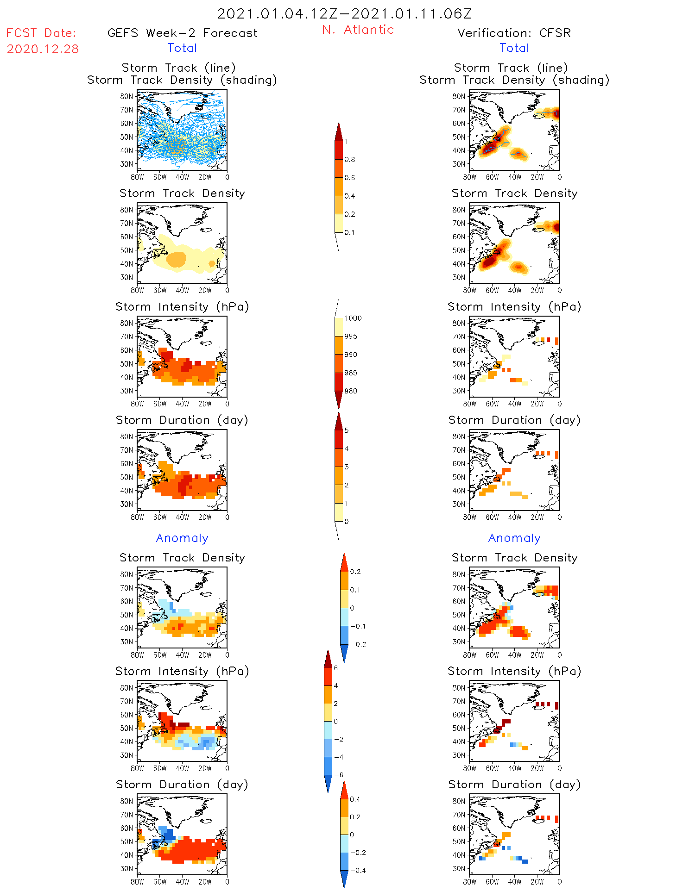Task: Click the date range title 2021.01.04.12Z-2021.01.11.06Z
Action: click(x=344, y=14)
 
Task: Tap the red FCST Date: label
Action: click(x=41, y=33)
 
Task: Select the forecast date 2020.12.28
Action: click(x=43, y=49)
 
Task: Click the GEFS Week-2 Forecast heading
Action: click(x=182, y=33)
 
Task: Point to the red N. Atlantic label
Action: click(x=358, y=30)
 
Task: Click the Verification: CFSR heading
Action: click(x=514, y=33)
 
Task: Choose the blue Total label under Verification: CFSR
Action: click(x=514, y=48)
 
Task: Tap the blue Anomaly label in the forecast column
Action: click(x=182, y=538)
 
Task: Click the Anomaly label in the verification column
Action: click(x=514, y=538)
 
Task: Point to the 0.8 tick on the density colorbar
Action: click(x=350, y=160)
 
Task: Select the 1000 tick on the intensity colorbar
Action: click(x=353, y=318)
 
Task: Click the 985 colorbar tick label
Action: click(x=351, y=373)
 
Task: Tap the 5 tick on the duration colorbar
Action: click(x=347, y=430)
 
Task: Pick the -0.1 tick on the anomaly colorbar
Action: click(x=358, y=626)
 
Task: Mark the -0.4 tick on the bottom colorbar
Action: click(x=358, y=870)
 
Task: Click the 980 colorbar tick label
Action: click(x=351, y=391)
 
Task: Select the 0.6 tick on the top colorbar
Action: click(x=350, y=178)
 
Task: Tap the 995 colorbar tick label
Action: click(x=351, y=336)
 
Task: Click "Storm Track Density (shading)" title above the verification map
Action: click(x=514, y=80)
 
